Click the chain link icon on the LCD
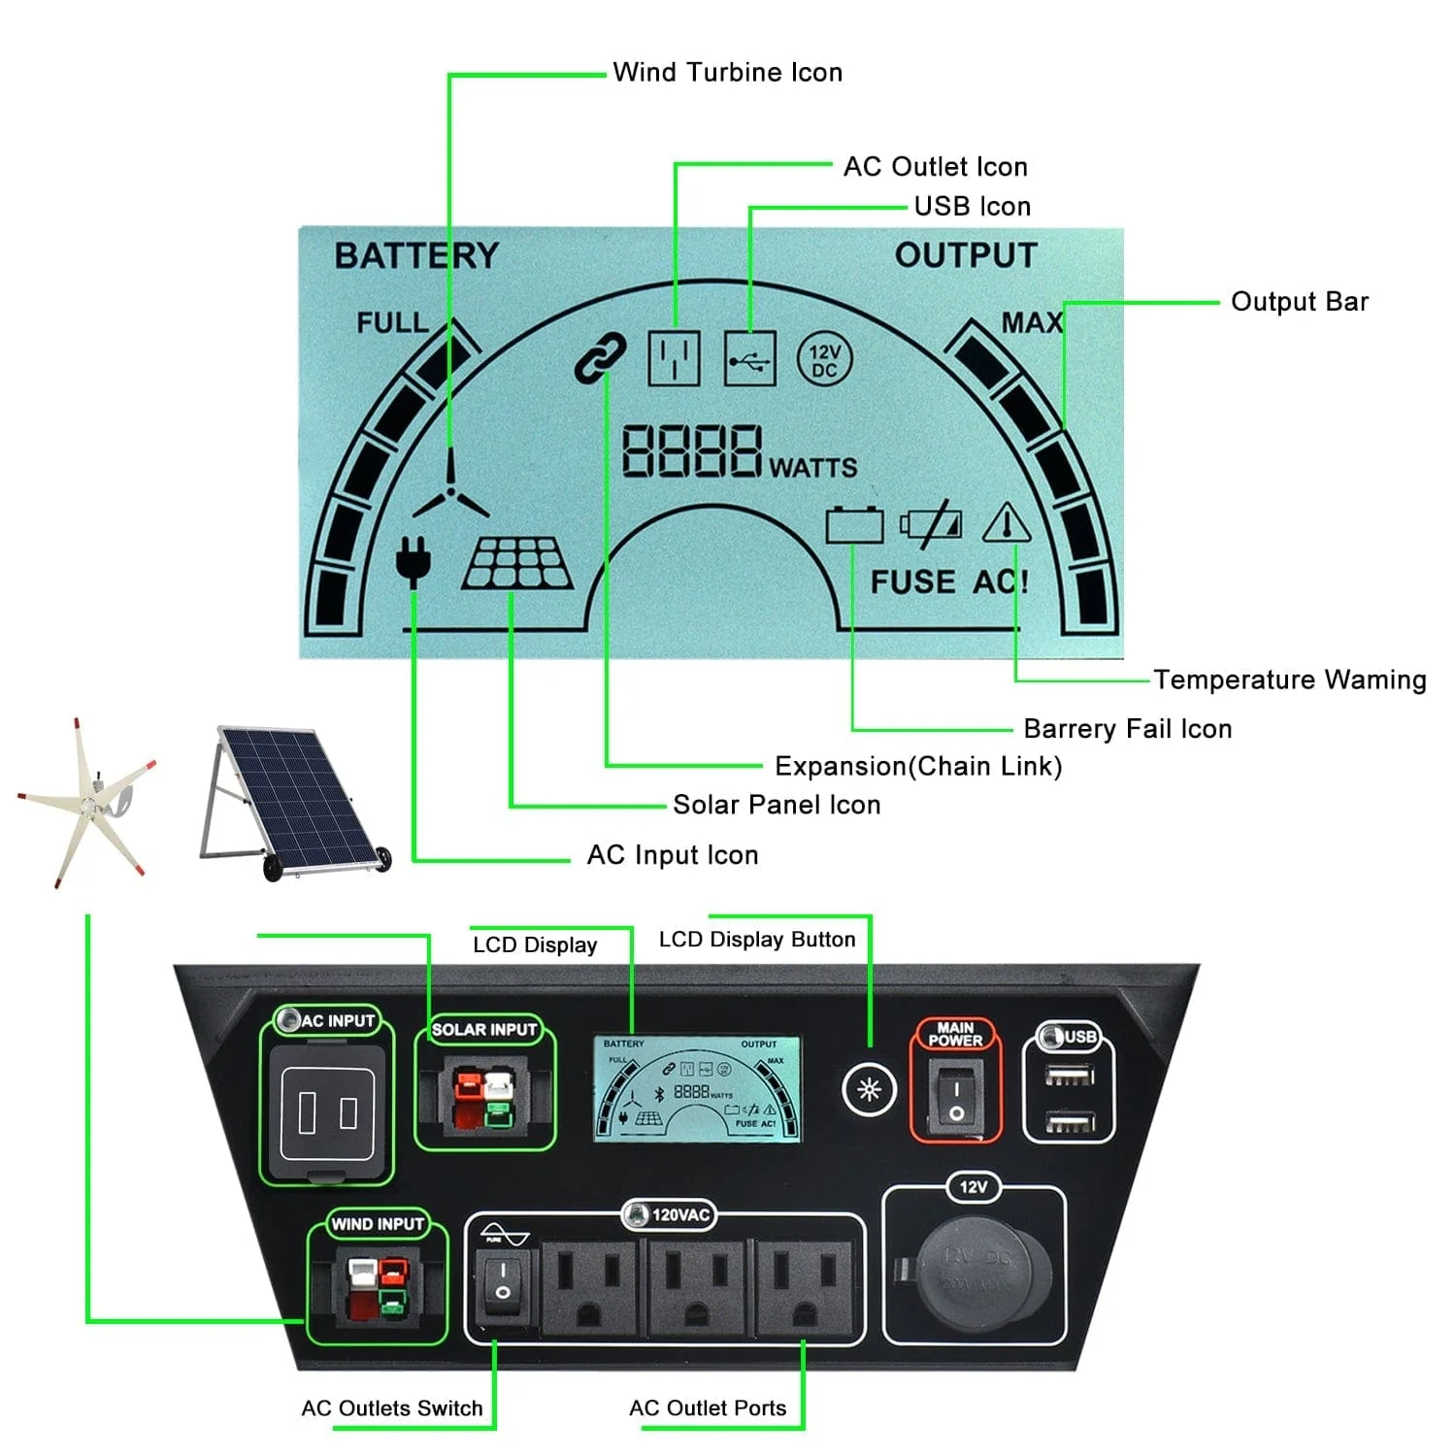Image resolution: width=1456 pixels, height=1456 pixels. pos(600,357)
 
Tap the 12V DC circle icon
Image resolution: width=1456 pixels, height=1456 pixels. pos(824,360)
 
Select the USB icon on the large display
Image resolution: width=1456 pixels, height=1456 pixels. pos(750,360)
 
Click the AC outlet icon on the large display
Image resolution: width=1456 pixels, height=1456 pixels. pos(674,359)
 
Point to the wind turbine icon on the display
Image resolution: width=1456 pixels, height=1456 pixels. pos(450,490)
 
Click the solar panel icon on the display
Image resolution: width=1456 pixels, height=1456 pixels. pos(517,565)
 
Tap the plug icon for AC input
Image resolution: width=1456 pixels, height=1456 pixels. pos(414,561)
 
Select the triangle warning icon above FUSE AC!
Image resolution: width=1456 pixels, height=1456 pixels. pos(1007,524)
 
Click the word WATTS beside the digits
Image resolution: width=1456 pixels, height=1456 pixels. pos(813,468)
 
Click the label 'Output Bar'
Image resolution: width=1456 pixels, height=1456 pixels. pos(1299,302)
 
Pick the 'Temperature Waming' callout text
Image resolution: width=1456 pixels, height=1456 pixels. pos(1289,679)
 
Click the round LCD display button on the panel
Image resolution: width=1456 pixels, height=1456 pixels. pos(869,1089)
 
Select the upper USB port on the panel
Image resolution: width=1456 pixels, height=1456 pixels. pos(1069,1075)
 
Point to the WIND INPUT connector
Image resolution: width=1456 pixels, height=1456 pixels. pos(378,1289)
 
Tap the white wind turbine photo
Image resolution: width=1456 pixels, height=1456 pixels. pos(87,801)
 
